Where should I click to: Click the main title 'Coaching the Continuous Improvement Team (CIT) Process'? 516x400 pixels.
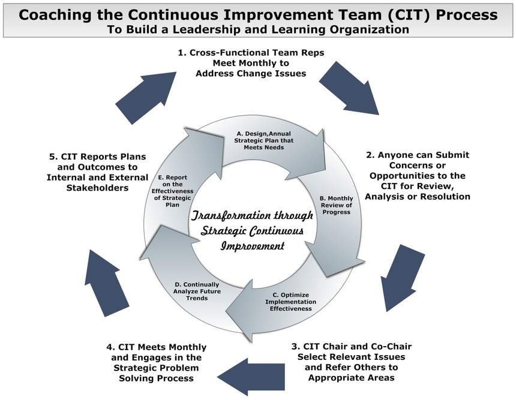point(258,15)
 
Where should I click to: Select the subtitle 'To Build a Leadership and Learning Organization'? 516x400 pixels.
point(258,29)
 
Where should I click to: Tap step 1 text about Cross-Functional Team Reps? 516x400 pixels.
point(251,63)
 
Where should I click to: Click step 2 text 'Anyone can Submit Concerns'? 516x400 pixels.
point(418,176)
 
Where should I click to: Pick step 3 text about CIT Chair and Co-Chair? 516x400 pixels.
point(352,362)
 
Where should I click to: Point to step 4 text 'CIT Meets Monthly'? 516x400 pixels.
point(157,362)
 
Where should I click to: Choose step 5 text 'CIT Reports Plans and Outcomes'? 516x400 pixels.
point(97,172)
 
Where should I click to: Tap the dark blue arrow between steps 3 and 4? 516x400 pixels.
point(251,377)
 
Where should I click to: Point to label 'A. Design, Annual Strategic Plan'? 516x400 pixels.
point(263,140)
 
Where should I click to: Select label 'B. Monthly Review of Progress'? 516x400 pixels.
point(336,205)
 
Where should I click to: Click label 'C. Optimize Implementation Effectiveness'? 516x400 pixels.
point(290,302)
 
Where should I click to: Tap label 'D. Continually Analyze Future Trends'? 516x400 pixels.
point(197,291)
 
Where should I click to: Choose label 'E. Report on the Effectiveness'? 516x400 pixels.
point(172,191)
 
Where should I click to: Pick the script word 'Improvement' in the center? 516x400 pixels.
point(253,246)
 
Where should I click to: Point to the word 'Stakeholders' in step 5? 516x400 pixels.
point(97,188)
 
